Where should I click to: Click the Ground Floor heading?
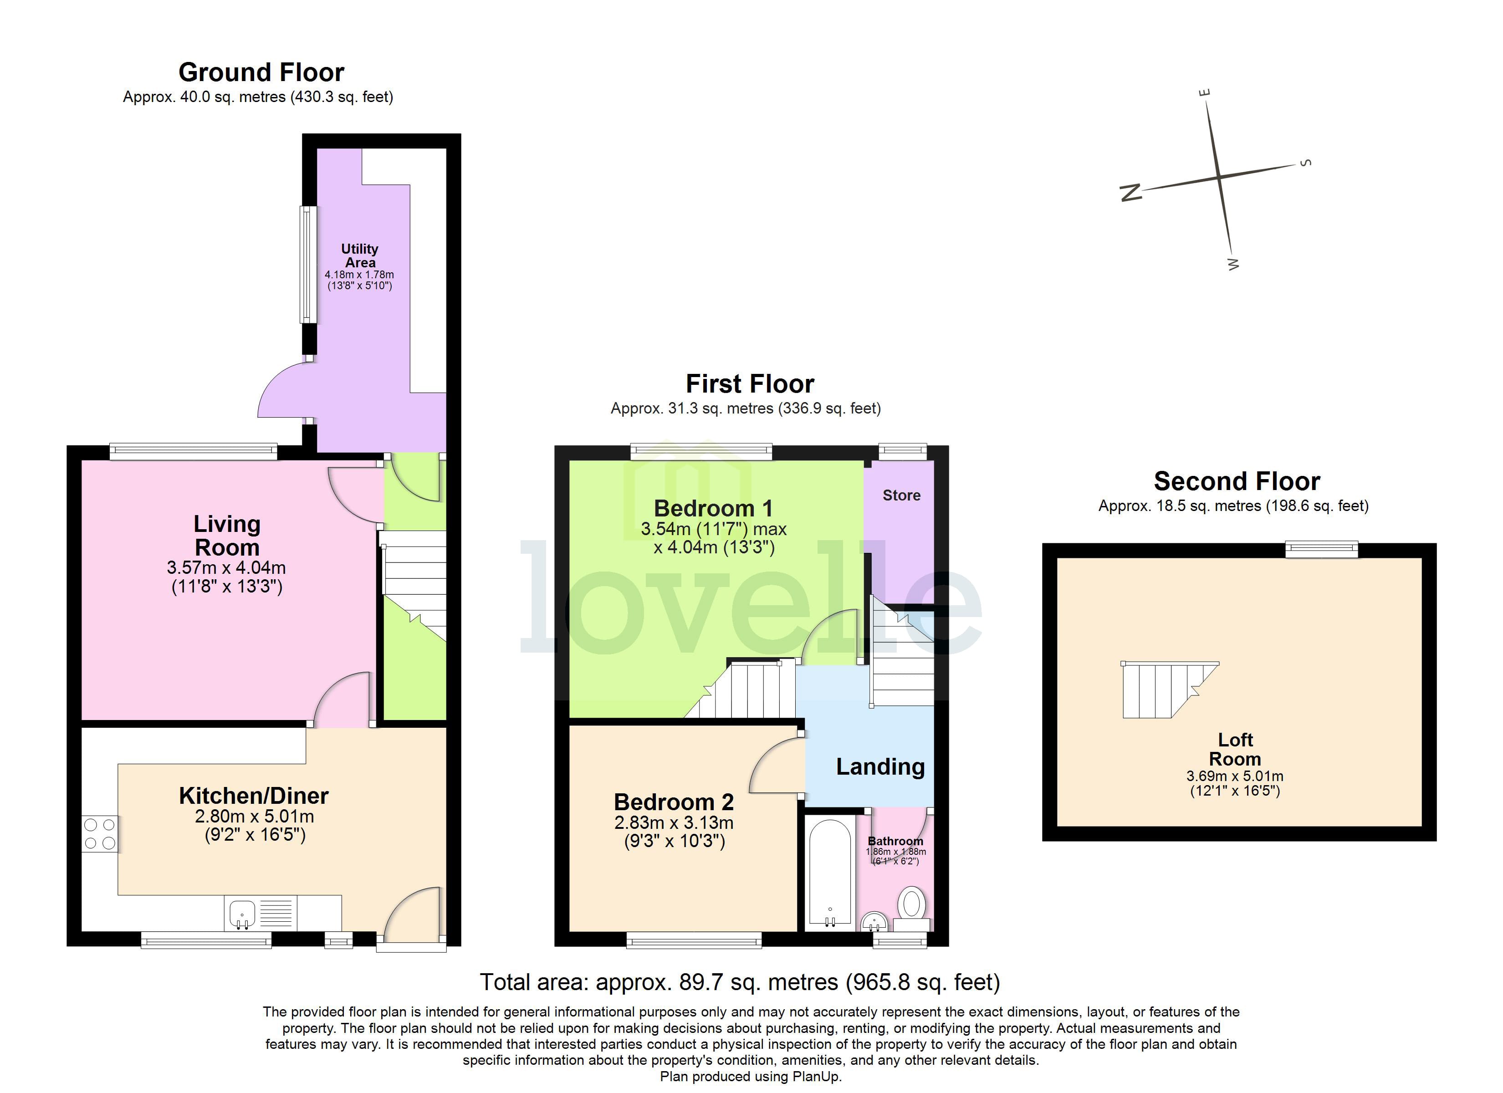pos(261,72)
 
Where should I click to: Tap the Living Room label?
pos(227,536)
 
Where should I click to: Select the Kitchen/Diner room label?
pos(254,796)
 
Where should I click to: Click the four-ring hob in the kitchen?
pos(99,834)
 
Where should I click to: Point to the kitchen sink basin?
pos(242,914)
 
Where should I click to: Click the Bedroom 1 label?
pos(713,508)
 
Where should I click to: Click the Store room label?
pos(901,495)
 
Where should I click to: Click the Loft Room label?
pos(1235,749)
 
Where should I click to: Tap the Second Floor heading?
pos(1237,480)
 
